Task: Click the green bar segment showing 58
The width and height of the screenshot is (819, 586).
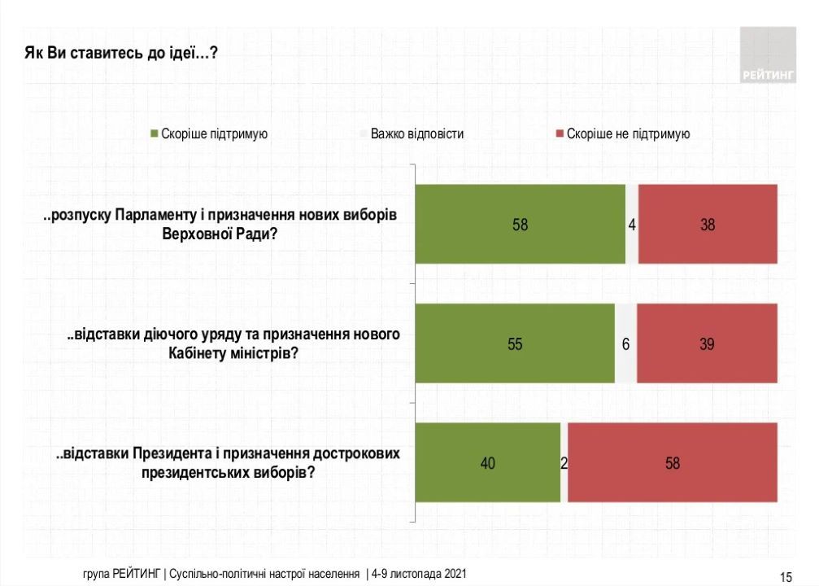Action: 521,224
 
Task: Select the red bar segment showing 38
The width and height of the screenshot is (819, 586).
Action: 708,224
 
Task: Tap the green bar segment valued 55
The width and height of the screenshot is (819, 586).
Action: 515,343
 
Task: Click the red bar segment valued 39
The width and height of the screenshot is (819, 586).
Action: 707,343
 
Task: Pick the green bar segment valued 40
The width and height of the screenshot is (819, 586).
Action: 488,463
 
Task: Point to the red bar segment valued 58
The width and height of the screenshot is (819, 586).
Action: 673,463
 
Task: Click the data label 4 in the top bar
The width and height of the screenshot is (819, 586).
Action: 632,225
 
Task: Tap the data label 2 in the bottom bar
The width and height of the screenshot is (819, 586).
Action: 564,464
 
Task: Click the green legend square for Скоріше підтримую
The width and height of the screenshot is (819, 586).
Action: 154,133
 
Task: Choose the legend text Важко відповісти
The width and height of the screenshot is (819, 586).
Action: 416,133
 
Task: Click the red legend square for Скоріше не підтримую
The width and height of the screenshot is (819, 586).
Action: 560,133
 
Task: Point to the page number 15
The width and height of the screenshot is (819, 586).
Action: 786,577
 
